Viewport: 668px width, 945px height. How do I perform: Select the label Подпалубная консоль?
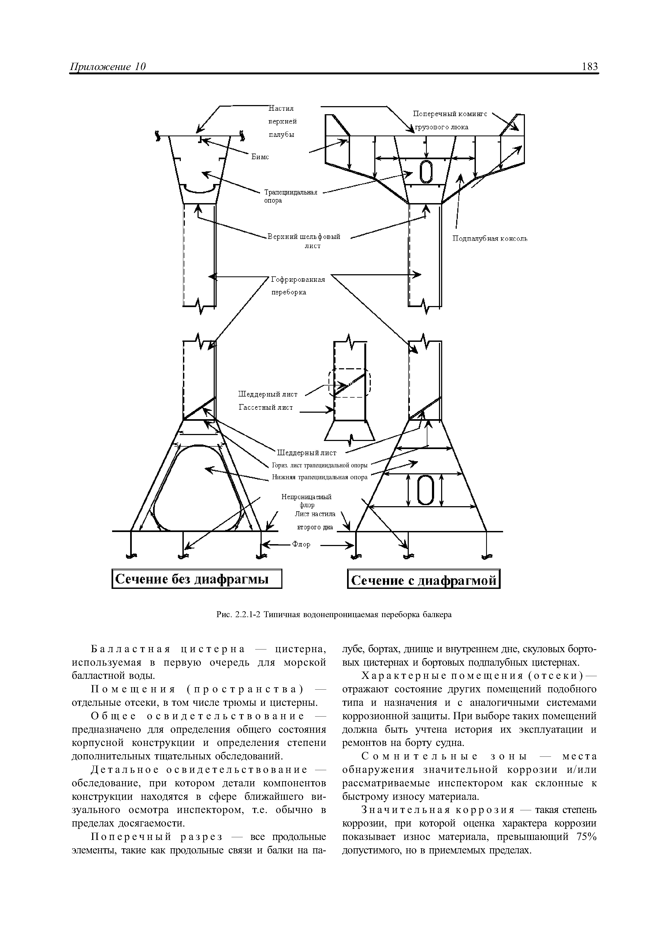click(490, 239)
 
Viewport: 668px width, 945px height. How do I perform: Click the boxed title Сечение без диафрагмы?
click(197, 579)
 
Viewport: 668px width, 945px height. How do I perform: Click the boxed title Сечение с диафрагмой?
click(424, 580)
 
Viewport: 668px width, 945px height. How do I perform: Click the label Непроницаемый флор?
click(306, 501)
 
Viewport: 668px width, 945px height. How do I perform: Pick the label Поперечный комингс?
click(450, 114)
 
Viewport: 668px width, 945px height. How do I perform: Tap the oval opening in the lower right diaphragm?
click(425, 490)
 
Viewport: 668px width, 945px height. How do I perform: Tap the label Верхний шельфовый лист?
click(304, 241)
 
